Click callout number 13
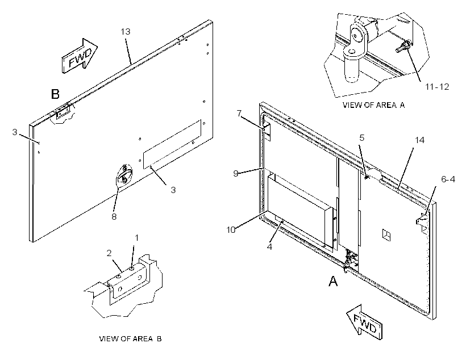pos(126,31)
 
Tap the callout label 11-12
pos(437,87)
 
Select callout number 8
pos(114,216)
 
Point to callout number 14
pos(419,140)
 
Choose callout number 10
pos(231,229)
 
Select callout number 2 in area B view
pos(109,253)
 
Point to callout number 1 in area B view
pos(137,237)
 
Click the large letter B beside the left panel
pos(55,94)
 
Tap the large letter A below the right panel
pos(333,281)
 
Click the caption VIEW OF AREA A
pos(373,105)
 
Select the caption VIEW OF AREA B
pos(131,338)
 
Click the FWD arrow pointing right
pos(80,56)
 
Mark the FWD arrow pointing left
pos(365,322)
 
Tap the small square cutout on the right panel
pos(386,235)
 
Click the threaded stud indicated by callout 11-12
pos(403,47)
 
